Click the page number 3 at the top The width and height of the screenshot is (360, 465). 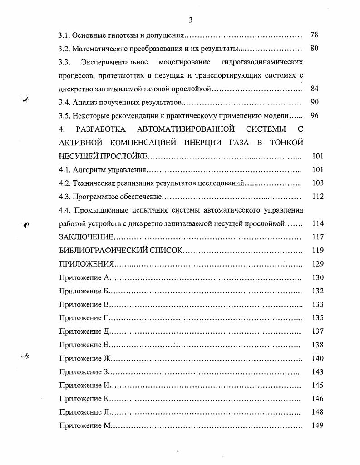190,20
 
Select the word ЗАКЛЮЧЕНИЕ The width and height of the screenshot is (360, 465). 86,237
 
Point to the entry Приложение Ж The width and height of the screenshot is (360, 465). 85,359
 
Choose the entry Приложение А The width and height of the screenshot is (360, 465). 84,278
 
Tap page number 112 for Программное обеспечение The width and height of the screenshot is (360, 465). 318,197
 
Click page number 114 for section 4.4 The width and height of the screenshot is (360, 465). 318,223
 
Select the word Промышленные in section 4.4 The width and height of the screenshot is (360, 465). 99,210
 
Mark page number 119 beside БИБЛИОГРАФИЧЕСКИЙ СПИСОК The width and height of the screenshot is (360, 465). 318,250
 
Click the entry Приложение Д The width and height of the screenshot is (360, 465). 84,331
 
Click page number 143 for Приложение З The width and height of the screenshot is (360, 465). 318,372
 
